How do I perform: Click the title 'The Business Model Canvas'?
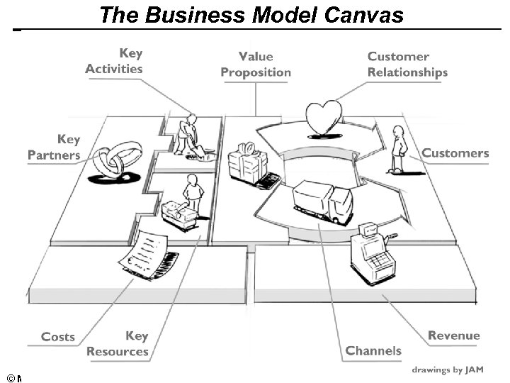pos(251,15)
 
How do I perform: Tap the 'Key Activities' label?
pos(114,61)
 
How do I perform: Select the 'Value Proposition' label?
pos(256,65)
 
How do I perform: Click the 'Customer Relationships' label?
pos(407,65)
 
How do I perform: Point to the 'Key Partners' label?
pos(55,148)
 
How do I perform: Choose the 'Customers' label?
pos(455,153)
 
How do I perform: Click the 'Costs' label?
pos(58,337)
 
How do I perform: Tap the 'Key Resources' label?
pos(118,343)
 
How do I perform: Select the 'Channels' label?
pos(373,350)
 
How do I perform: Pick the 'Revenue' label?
pos(454,335)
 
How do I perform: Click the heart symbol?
pos(323,118)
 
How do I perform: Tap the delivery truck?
pos(323,201)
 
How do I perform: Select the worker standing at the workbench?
pos(191,194)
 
